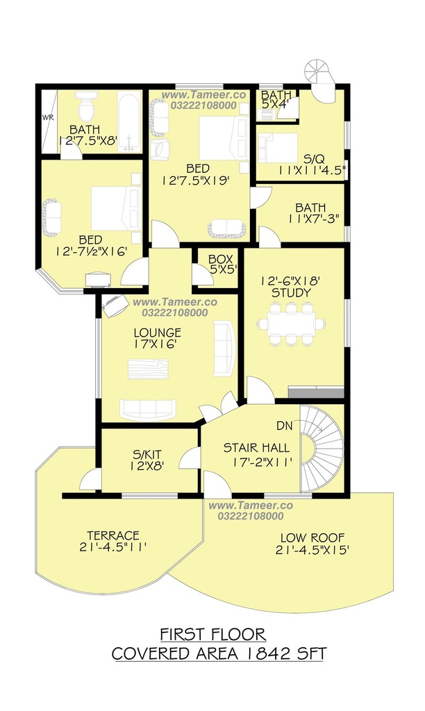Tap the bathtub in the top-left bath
pos(130,121)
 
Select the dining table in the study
pos(292,324)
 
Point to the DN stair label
pos(284,426)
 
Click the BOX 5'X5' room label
pos(220,265)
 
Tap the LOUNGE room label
pos(158,333)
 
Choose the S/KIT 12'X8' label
pos(147,460)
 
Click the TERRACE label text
pos(113,535)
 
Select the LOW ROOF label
pos(312,538)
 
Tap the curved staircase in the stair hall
pos(322,449)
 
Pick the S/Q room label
pos(314,159)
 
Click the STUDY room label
pos(291,293)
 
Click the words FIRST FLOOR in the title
pos(212,634)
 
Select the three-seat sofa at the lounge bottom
pos(148,409)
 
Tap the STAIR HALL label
pos(256,448)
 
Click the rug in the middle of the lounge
pos(148,369)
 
